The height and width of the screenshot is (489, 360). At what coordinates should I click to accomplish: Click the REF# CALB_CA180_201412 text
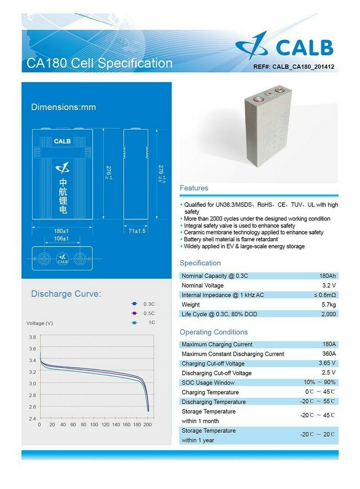[x=294, y=67]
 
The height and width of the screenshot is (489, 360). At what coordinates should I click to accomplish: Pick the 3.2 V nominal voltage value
[x=329, y=285]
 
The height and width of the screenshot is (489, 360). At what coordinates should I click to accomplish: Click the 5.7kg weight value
[x=328, y=305]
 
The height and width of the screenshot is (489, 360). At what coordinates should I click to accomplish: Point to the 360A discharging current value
[x=329, y=354]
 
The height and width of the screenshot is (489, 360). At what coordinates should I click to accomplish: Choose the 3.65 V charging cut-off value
[x=327, y=363]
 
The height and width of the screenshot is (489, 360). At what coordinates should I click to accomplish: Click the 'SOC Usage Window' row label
[x=208, y=383]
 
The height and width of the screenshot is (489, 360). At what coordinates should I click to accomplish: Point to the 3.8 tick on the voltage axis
[x=32, y=337]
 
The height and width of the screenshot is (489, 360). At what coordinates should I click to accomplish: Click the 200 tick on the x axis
[x=148, y=425]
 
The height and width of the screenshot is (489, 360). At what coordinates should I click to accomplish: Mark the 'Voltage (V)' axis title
[x=40, y=323]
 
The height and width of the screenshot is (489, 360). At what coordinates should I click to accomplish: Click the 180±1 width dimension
[x=62, y=231]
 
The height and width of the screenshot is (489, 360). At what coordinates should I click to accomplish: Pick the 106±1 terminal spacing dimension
[x=62, y=239]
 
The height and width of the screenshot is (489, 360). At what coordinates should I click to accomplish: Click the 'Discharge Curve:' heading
[x=66, y=294]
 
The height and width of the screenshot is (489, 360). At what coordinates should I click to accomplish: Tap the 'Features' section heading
[x=194, y=188]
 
